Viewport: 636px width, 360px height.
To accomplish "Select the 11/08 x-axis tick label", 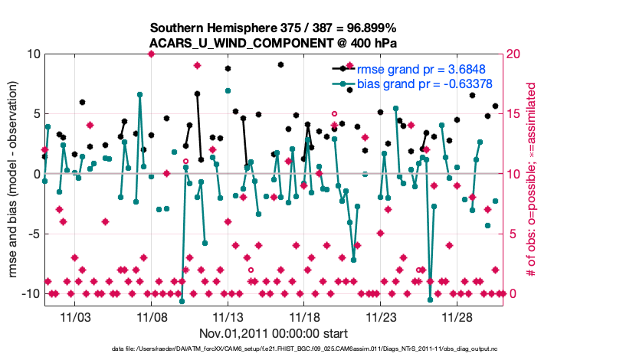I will pyautogui.click(x=152, y=316).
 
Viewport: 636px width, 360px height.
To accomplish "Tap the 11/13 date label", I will pyautogui.click(x=228, y=316).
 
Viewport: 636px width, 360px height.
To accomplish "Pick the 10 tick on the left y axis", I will pyautogui.click(x=33, y=54).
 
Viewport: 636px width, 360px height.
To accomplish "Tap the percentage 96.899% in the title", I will pyautogui.click(x=372, y=27).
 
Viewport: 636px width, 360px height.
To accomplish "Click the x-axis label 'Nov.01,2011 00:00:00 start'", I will pyautogui.click(x=274, y=333).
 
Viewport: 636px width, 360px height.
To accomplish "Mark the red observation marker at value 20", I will pyautogui.click(x=152, y=54).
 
